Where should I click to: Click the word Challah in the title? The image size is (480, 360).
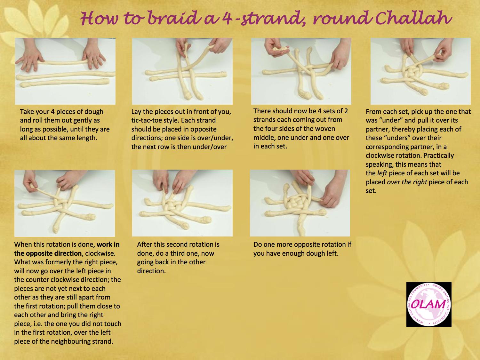click(413, 18)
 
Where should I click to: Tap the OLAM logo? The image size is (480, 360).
click(429, 304)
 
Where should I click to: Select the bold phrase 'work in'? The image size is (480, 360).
click(108, 244)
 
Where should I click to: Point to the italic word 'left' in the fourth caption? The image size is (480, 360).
click(382, 173)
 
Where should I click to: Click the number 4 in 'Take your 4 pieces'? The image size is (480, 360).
click(52, 112)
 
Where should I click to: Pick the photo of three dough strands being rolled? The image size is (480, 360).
click(65, 71)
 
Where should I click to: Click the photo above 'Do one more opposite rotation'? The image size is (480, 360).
click(300, 203)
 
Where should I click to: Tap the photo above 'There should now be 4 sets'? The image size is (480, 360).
click(301, 71)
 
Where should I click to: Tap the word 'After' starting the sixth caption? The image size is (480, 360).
click(144, 244)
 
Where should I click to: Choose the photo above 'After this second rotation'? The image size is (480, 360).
click(182, 203)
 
